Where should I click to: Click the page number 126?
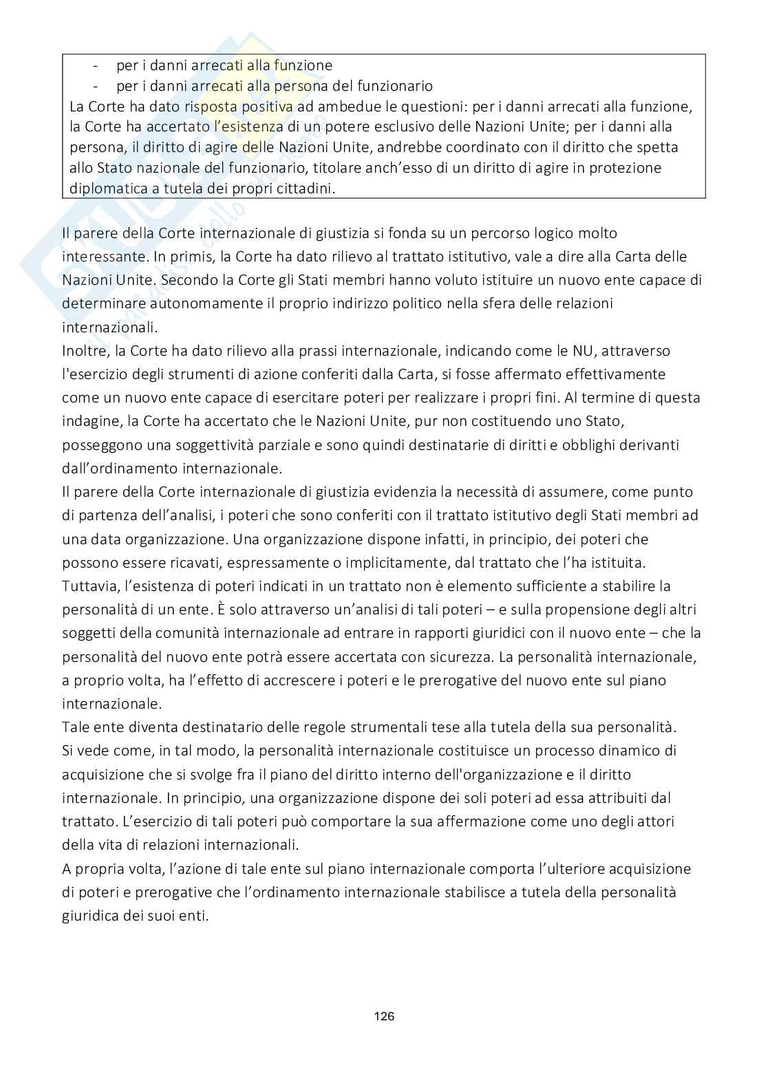point(384,1016)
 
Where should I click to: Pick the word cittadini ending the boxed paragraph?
point(306,188)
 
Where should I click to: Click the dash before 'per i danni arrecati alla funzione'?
point(95,65)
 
